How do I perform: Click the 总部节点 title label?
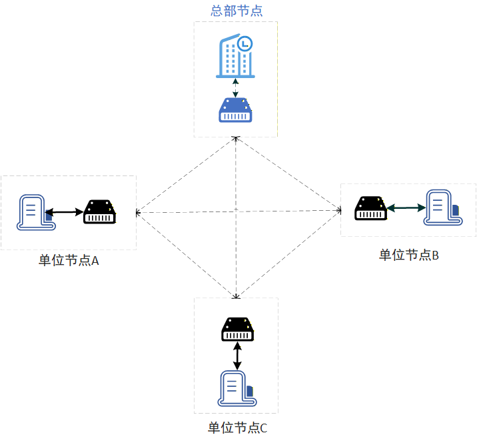237,11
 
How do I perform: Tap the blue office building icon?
235,56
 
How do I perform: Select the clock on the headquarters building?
245,43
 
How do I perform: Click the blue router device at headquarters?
235,110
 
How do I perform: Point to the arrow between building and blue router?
235,88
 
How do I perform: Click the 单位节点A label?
69,261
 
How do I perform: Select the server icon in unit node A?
36,212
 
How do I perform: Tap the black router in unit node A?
100,211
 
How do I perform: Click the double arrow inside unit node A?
65,211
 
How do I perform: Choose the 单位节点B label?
409,255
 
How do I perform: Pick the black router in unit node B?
370,208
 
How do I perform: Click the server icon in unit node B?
443,207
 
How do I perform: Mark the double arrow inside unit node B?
406,207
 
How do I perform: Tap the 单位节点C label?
238,428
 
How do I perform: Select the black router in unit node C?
237,329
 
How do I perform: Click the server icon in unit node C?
237,388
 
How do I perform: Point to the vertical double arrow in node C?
237,356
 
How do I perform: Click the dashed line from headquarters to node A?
186,175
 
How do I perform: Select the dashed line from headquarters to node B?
288,173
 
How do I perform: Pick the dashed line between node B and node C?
288,254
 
